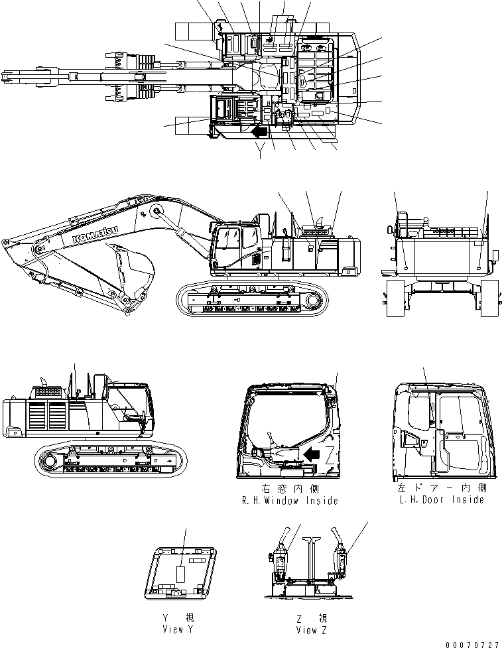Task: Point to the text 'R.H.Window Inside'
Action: [291, 501]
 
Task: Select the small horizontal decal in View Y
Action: [197, 560]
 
